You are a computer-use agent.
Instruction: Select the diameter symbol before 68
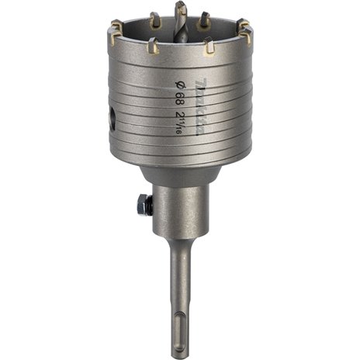179,85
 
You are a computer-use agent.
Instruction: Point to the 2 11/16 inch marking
179,123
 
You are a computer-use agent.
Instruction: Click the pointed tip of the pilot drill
181,2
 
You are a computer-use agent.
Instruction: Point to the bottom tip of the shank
181,358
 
